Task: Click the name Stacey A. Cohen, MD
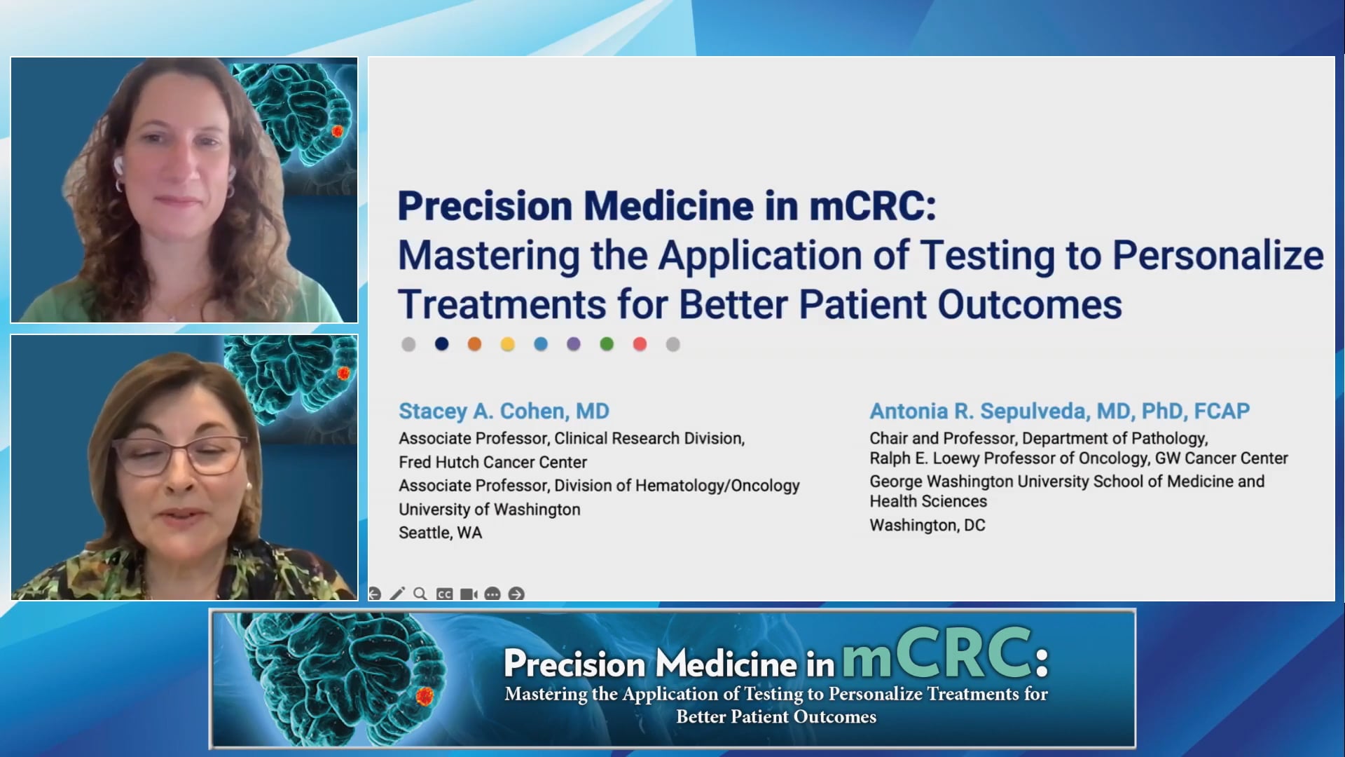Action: click(504, 411)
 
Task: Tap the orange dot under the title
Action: click(474, 344)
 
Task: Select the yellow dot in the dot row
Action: click(507, 344)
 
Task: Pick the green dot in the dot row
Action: click(607, 344)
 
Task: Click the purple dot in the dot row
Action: click(574, 344)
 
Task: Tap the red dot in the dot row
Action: click(640, 344)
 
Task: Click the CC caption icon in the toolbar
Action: click(444, 594)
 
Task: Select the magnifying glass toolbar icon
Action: click(420, 594)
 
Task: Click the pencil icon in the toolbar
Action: click(397, 594)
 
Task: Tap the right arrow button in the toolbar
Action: click(516, 594)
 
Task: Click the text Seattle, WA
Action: click(440, 533)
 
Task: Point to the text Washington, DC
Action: click(927, 525)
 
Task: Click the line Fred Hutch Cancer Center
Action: click(492, 462)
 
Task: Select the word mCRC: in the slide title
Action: click(872, 206)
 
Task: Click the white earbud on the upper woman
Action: click(118, 165)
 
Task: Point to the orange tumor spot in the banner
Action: click(425, 696)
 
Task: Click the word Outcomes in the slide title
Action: click(1029, 305)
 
